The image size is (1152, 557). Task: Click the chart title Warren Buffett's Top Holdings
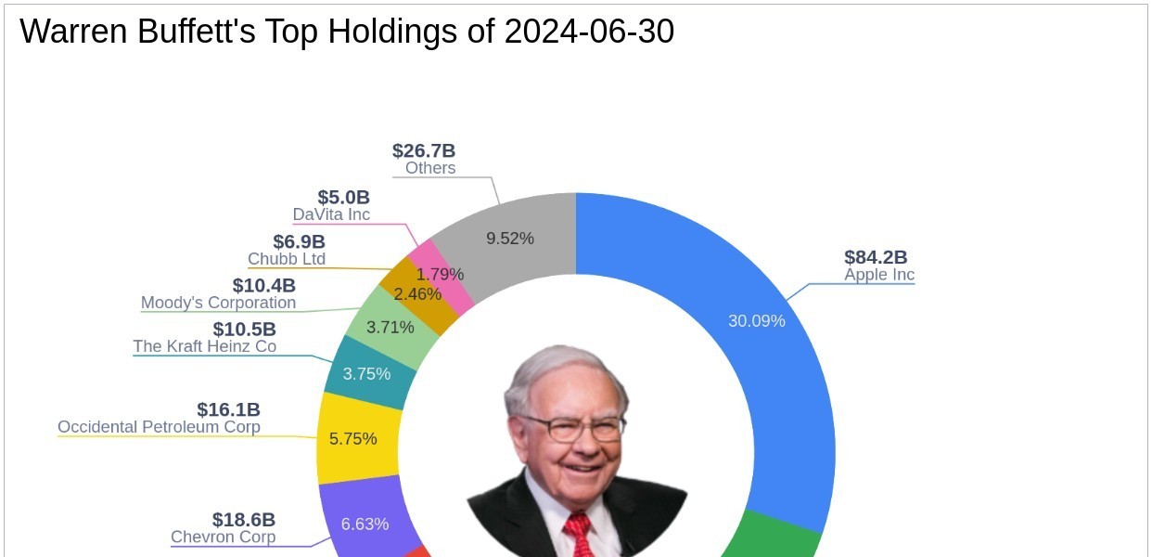coord(346,32)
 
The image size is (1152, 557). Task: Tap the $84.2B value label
coord(875,257)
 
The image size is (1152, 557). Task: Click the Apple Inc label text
coord(878,275)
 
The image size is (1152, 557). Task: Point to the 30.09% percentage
coord(756,321)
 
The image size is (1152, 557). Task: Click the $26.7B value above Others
coord(423,150)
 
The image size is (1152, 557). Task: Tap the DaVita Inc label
coord(331,214)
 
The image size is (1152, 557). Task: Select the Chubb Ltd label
coord(287,259)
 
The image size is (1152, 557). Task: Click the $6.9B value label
coord(299,241)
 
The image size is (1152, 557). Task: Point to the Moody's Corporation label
coord(218,303)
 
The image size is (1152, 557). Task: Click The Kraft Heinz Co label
coord(204,346)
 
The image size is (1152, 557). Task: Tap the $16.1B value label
coord(228,409)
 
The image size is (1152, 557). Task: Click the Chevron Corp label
coord(223,537)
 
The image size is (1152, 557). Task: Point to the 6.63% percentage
coord(365,524)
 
